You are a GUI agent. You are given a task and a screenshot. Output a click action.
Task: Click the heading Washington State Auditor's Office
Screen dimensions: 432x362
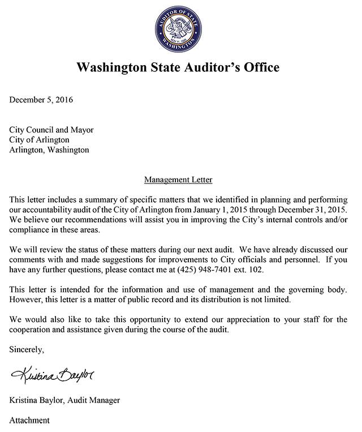click(177, 68)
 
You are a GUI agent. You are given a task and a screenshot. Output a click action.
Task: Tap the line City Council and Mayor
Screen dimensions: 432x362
click(51, 130)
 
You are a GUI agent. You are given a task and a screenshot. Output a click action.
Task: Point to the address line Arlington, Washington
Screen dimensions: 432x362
click(49, 150)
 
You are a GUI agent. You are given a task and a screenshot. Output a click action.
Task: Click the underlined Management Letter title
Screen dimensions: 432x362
click(178, 180)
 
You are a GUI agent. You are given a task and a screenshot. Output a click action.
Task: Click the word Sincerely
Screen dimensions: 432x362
click(27, 350)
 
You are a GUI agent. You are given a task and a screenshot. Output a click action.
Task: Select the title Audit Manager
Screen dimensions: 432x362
click(96, 400)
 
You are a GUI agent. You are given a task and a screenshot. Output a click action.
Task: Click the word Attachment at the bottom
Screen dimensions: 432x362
click(29, 420)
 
